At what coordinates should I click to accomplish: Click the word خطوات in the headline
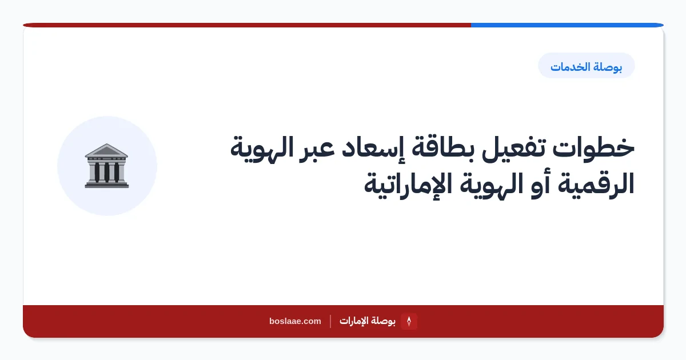(593, 148)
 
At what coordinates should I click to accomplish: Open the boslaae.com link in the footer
(295, 321)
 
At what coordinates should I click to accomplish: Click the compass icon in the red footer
(409, 321)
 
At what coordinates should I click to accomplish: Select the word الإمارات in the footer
(354, 321)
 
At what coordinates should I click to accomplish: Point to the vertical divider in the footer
(330, 321)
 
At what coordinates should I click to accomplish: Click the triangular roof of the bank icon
(106, 150)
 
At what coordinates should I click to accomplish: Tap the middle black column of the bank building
(106, 172)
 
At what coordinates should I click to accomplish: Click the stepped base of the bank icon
(106, 185)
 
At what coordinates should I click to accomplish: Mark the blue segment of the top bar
(567, 25)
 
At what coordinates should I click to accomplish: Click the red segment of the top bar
(247, 25)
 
